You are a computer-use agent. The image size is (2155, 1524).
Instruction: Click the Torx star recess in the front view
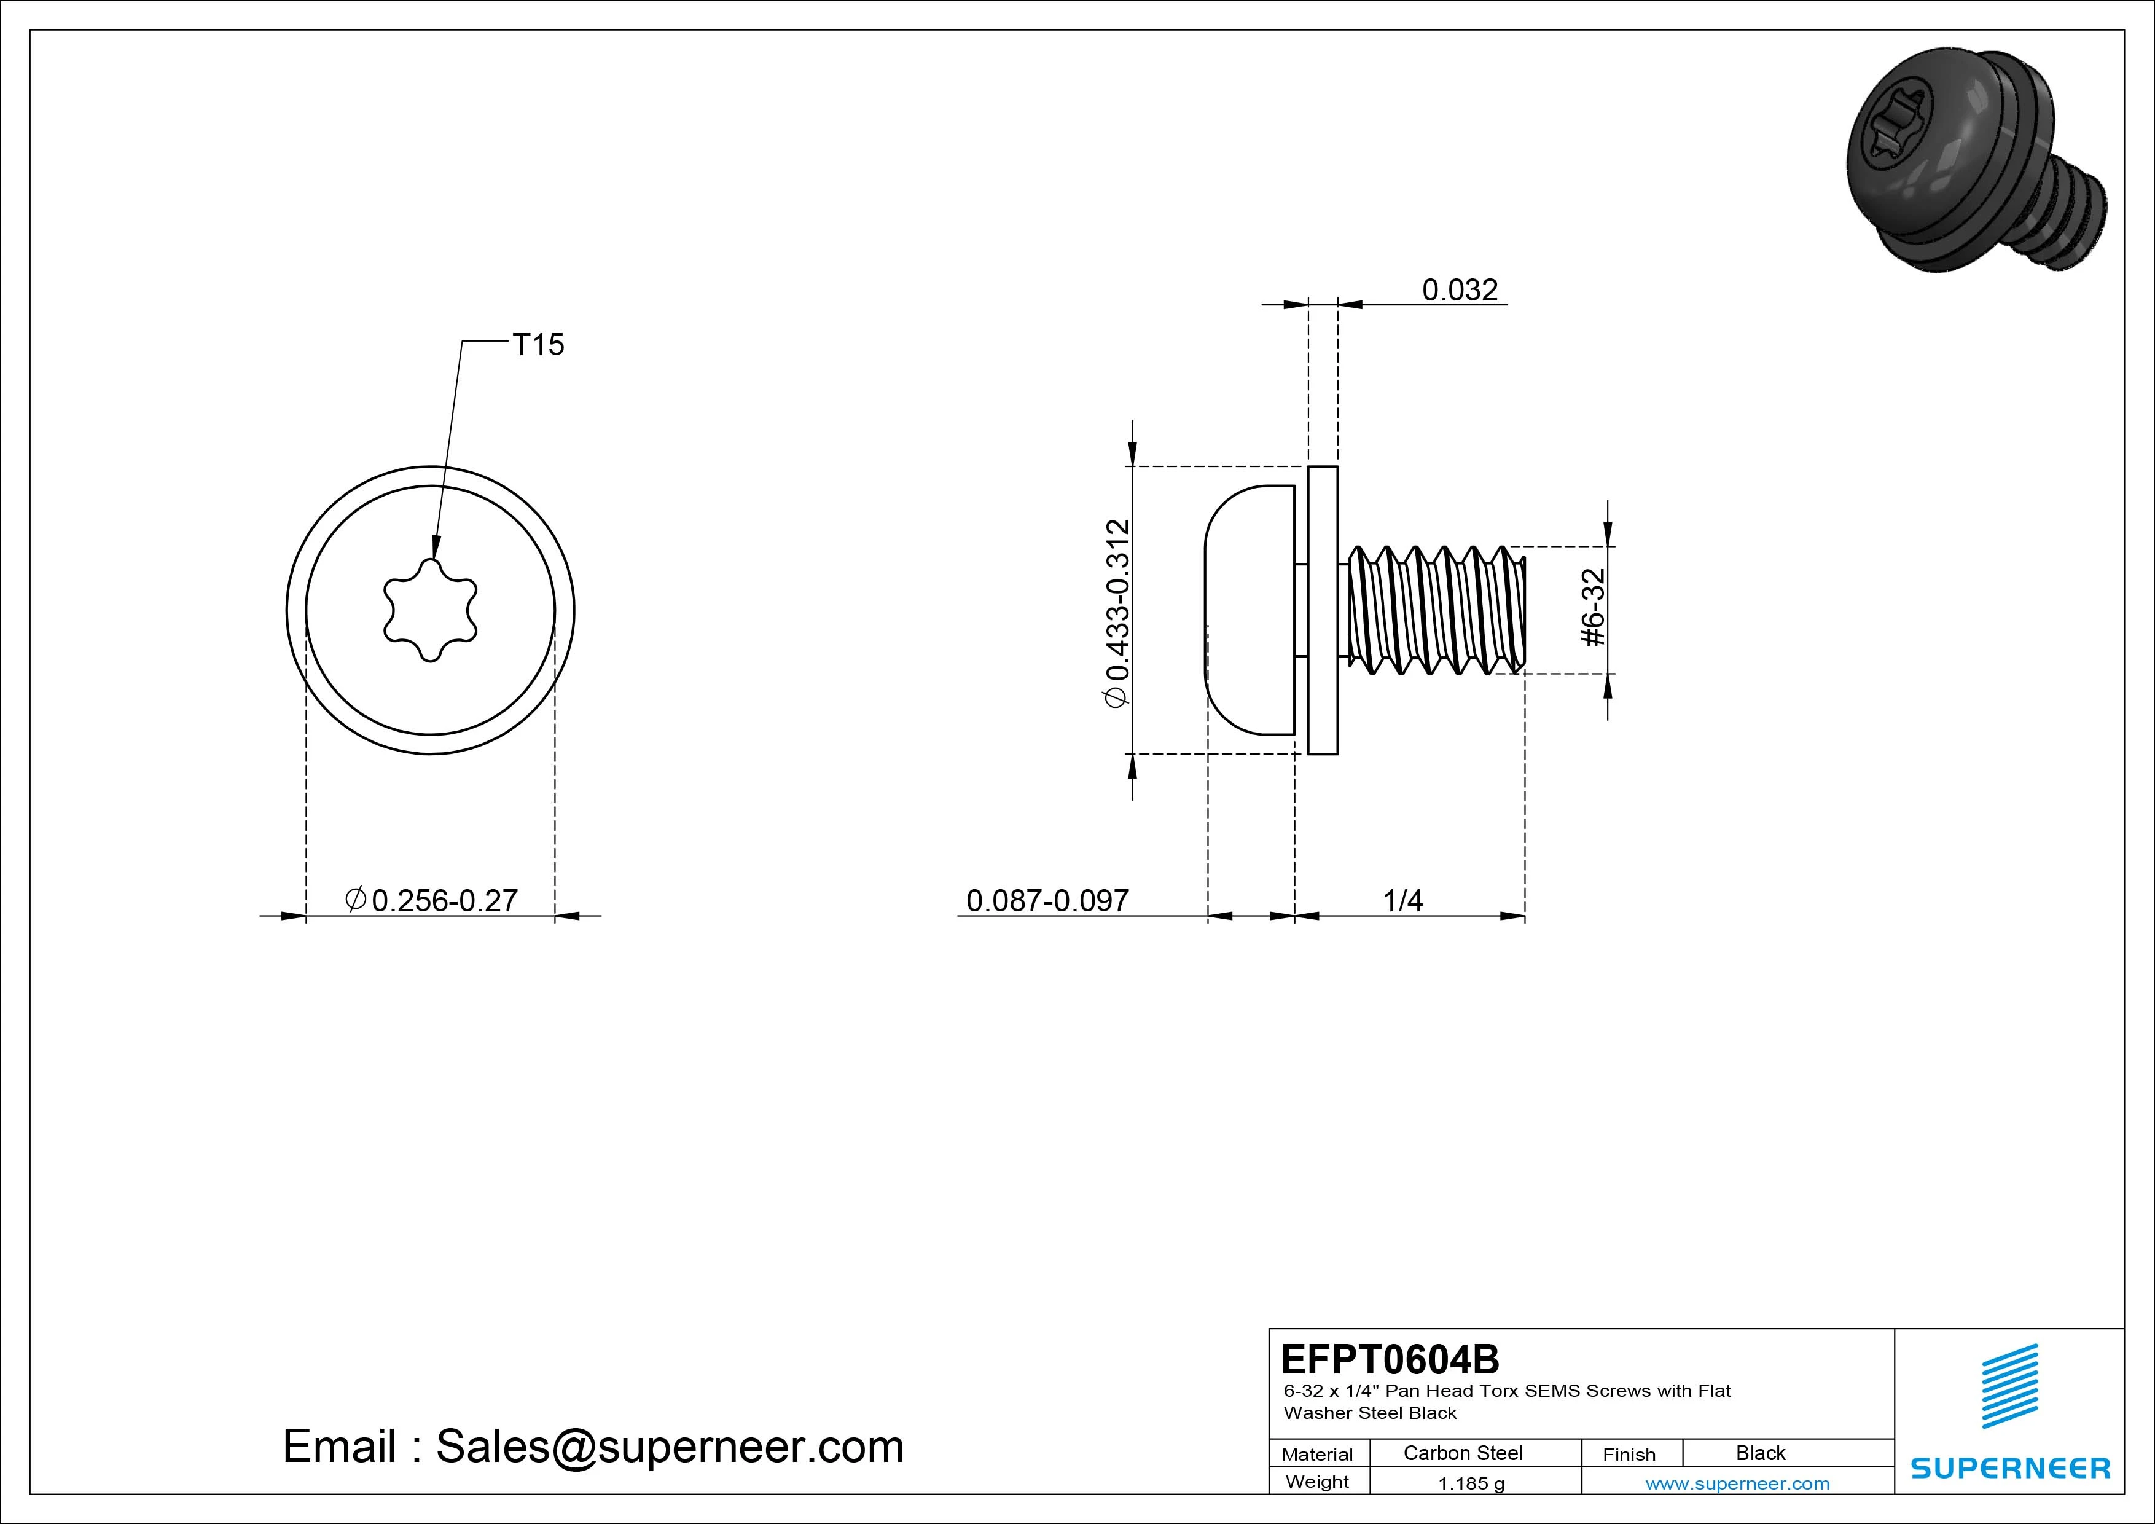pos(430,611)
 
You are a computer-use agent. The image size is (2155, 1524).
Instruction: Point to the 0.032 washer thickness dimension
pos(1460,289)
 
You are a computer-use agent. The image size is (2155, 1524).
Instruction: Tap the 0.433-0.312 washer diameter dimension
pos(1118,611)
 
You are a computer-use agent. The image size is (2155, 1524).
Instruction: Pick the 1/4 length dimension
pos(1403,900)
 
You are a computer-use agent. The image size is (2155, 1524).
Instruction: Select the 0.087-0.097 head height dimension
pos(1047,900)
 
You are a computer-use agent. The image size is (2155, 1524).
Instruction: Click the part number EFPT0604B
pos(1390,1358)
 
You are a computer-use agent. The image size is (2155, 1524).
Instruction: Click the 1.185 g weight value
pos(1471,1483)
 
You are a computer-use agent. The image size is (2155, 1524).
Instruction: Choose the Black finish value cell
pos(1761,1453)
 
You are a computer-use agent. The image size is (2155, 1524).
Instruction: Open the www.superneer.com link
pos(1737,1483)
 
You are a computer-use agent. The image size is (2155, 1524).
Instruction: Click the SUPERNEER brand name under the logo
pos(2011,1467)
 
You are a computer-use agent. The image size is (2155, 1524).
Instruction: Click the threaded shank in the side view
pos(1437,610)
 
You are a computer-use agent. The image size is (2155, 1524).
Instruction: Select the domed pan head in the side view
pos(1250,610)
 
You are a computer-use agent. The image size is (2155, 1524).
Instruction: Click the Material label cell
pos(1318,1455)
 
